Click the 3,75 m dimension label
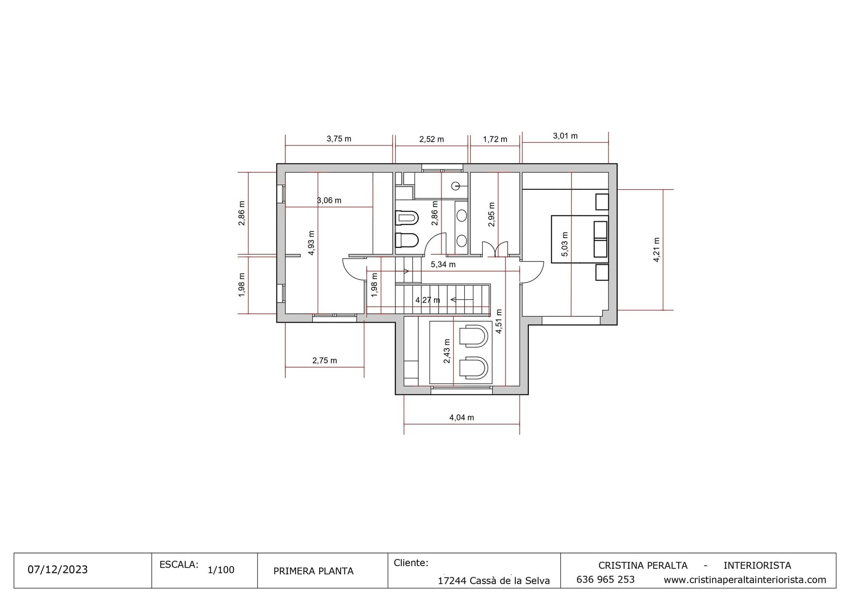point(339,139)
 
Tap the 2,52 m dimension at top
point(431,139)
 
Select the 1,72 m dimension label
point(495,139)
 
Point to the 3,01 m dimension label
point(565,136)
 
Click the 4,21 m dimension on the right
point(656,250)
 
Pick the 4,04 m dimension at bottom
point(461,417)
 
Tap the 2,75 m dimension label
point(325,360)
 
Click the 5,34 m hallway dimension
point(443,264)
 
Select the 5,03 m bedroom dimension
point(564,244)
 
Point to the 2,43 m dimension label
point(447,351)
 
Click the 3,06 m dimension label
point(329,200)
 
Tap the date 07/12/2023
point(58,569)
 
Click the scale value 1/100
point(221,569)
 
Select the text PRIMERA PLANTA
point(313,571)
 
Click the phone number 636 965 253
point(606,580)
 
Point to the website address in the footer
point(745,580)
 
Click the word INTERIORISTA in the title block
point(757,566)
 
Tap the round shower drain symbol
point(455,185)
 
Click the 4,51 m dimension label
point(499,321)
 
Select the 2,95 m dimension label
point(491,215)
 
